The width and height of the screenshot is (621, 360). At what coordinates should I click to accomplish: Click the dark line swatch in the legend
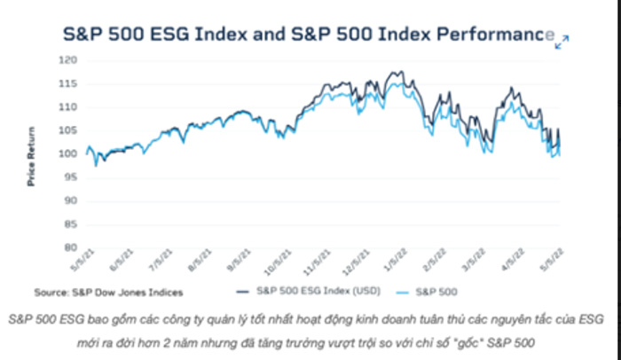point(243,289)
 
